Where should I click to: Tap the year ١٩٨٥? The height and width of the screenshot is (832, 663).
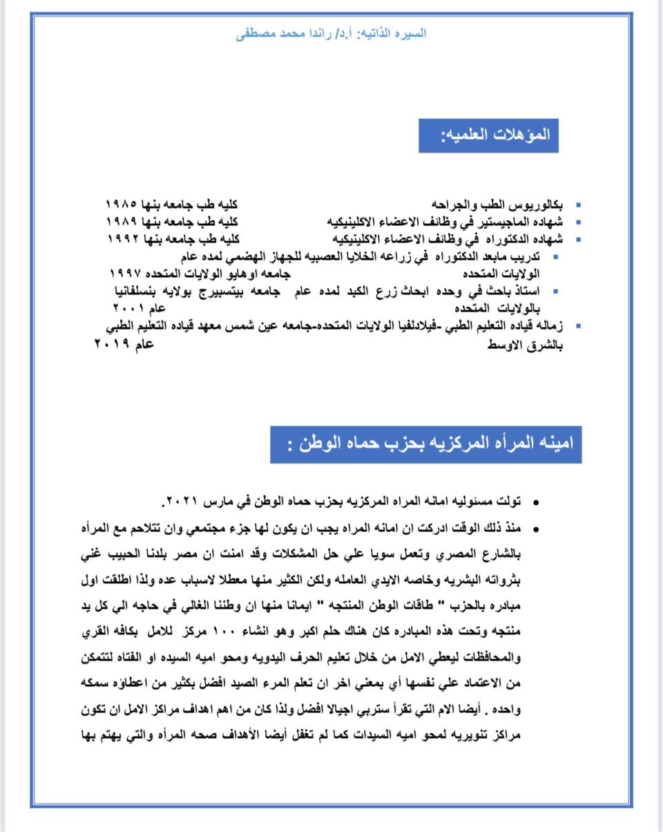[x=123, y=205]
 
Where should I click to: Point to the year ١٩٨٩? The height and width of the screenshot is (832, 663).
[x=124, y=222]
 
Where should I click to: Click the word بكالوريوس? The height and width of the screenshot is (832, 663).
[x=538, y=205]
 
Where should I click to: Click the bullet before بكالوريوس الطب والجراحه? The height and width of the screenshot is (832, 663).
[x=578, y=205]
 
